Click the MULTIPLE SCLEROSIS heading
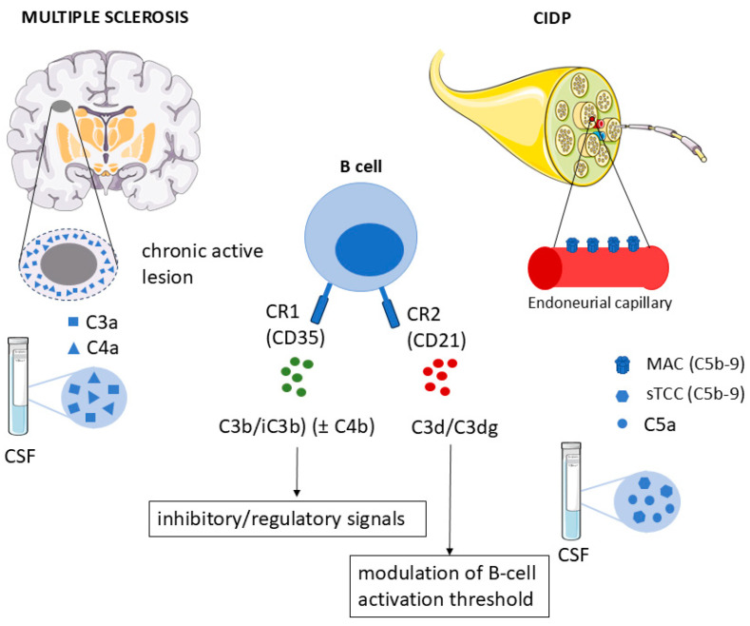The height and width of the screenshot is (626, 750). click(106, 17)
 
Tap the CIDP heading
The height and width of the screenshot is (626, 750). click(552, 18)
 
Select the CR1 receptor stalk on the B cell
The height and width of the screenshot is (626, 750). click(321, 303)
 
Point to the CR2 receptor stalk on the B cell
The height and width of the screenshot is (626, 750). click(389, 306)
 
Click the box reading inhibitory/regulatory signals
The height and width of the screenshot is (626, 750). click(287, 518)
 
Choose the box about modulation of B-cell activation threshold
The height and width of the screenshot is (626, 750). click(449, 586)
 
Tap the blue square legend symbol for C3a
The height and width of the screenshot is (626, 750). click(73, 322)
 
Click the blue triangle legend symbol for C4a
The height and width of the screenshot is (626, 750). click(73, 348)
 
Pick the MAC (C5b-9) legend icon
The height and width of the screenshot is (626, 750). click(623, 364)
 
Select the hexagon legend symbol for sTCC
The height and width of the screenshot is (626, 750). click(622, 396)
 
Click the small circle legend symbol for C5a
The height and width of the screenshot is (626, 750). click(623, 423)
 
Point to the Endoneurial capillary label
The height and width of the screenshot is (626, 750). click(600, 303)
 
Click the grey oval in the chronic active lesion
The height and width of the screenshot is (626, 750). click(68, 264)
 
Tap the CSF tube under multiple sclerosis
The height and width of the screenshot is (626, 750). click(18, 385)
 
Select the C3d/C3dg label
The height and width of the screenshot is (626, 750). click(454, 427)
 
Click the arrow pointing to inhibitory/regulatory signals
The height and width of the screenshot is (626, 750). click(297, 472)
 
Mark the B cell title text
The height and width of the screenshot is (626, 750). click(360, 166)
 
